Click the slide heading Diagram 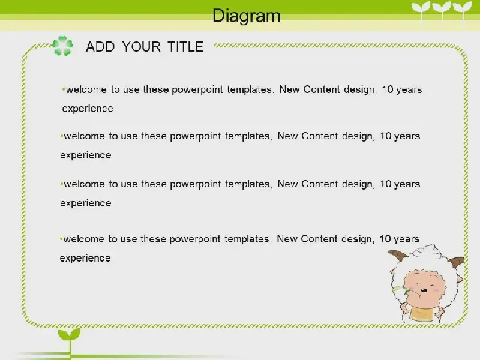(247, 16)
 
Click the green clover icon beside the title (63, 46)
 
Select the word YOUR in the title (142, 47)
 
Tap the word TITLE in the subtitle (185, 47)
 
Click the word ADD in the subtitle (100, 47)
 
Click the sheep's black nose (424, 290)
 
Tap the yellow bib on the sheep (421, 313)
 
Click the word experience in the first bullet (88, 109)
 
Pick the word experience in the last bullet (85, 259)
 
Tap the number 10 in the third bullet (386, 184)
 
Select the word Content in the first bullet (322, 89)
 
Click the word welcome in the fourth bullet (83, 239)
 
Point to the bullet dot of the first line (64, 89)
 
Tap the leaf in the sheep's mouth (399, 289)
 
